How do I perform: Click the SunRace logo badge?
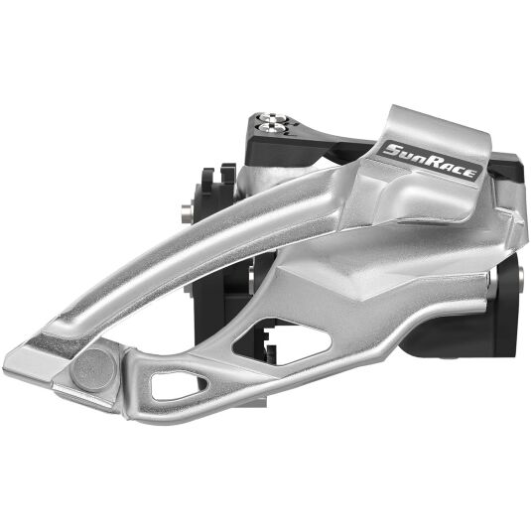point(430,161)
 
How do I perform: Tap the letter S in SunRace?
point(392,150)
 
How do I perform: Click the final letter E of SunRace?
point(469,173)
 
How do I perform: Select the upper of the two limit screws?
point(272,118)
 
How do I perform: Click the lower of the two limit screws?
point(271,127)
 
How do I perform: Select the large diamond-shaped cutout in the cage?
point(282,341)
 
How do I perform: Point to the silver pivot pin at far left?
point(187,213)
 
